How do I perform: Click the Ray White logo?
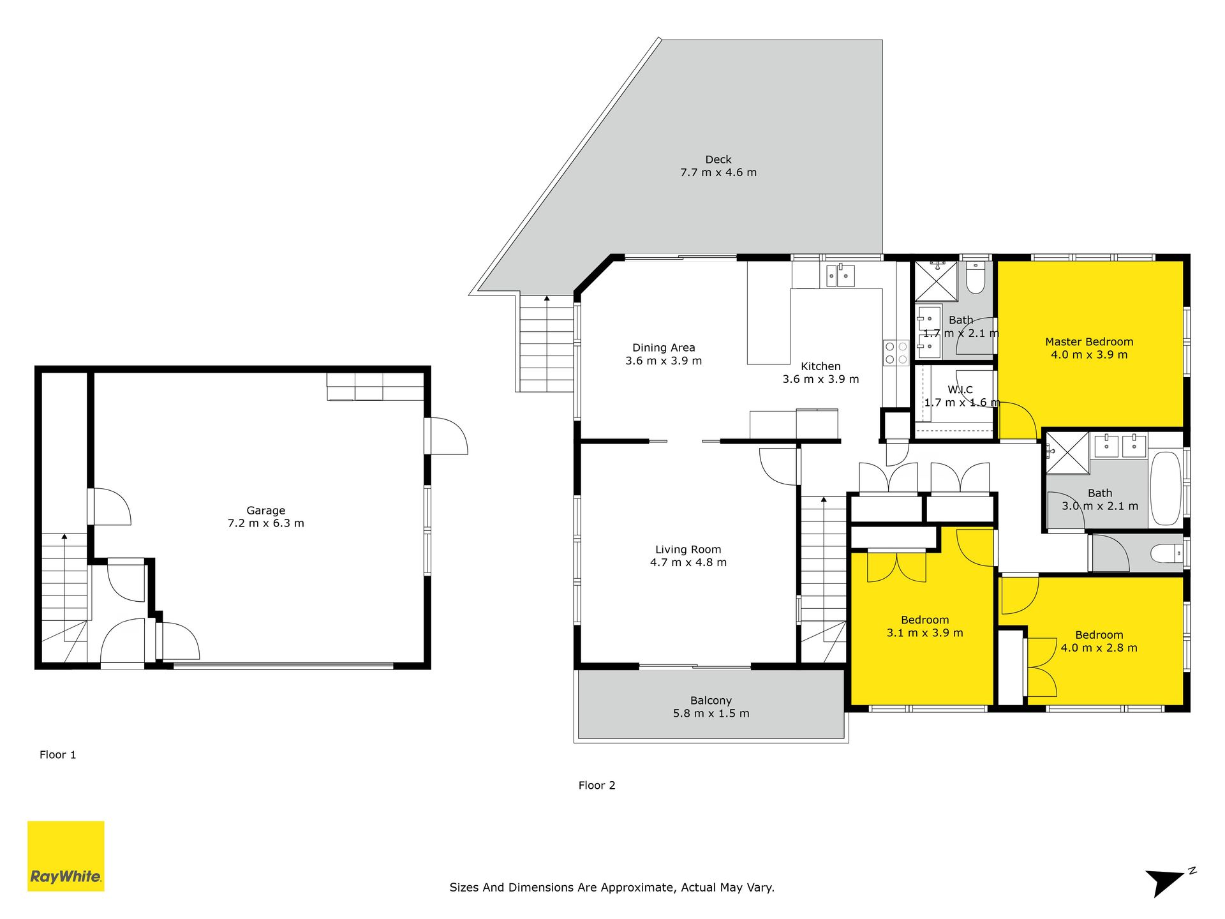(66, 856)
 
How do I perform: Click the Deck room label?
(718, 160)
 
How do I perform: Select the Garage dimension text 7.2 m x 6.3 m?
(266, 523)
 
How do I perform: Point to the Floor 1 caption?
(58, 755)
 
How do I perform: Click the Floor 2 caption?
(597, 786)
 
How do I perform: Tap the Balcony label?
(711, 701)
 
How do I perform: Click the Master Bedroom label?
(1089, 342)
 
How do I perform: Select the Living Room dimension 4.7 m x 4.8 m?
(688, 562)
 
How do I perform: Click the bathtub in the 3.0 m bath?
(1166, 488)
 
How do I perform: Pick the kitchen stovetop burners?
(896, 353)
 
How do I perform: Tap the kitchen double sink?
(840, 275)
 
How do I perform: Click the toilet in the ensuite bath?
(976, 278)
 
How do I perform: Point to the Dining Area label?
(664, 348)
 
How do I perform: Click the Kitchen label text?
(820, 366)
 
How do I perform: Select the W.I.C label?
(960, 390)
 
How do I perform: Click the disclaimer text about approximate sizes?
(612, 888)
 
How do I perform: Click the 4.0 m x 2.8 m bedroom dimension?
(1099, 648)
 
